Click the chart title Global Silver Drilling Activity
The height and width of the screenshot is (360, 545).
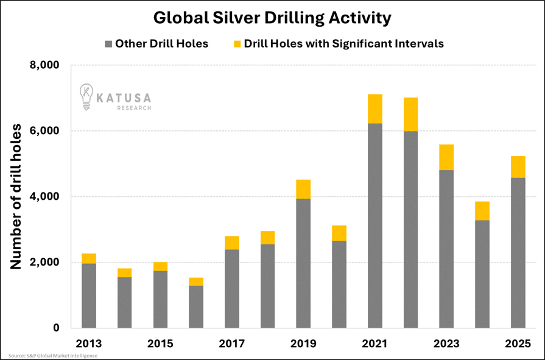272,18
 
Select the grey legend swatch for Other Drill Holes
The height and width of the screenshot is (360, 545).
109,44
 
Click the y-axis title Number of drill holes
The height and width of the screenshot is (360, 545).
16,196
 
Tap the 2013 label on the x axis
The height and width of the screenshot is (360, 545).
88,344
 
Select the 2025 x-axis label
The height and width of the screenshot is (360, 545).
518,344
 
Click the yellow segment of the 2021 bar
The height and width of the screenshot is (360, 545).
375,109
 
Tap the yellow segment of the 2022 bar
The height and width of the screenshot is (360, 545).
410,115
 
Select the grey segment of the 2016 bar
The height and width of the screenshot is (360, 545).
196,307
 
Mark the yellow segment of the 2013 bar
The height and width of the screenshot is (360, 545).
89,258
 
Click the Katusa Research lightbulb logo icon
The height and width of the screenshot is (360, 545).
86,97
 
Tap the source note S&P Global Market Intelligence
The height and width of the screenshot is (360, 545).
53,355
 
